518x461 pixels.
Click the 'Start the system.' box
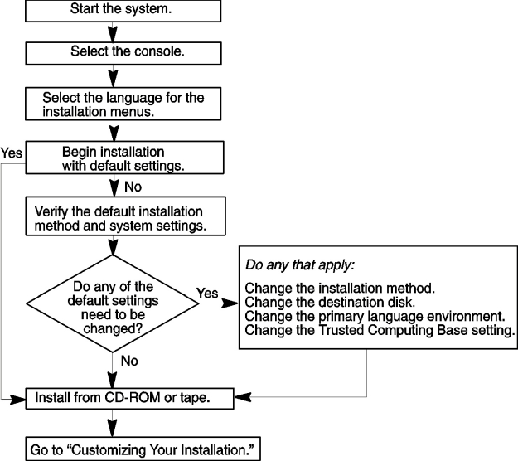tap(123, 11)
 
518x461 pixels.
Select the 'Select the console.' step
tap(123, 53)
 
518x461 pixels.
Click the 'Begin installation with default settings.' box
tap(124, 158)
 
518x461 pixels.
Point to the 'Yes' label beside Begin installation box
tap(12, 153)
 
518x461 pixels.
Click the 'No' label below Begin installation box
tap(133, 187)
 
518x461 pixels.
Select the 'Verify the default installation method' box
tap(125, 216)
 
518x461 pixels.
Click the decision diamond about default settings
tap(113, 303)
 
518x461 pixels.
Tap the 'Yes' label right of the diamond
tap(207, 293)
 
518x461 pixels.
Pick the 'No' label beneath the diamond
tap(129, 361)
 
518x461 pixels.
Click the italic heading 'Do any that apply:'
tap(300, 265)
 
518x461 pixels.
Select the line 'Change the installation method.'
tap(340, 289)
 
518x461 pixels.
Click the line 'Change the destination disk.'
tap(330, 303)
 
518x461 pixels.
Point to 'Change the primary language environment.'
tap(375, 317)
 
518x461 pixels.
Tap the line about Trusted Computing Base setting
tap(380, 331)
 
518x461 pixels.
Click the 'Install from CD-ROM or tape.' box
tap(129, 399)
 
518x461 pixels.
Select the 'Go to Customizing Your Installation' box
tap(143, 449)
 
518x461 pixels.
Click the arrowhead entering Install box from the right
tap(243, 397)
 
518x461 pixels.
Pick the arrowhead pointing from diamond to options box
tap(230, 303)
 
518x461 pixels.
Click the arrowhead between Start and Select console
tap(113, 34)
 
